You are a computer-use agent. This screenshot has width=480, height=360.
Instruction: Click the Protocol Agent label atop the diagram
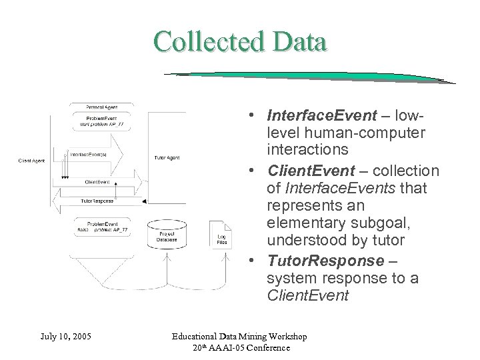101,107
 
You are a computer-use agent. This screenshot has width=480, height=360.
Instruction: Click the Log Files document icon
221,235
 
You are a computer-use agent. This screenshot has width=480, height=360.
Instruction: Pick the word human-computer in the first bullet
352,131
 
